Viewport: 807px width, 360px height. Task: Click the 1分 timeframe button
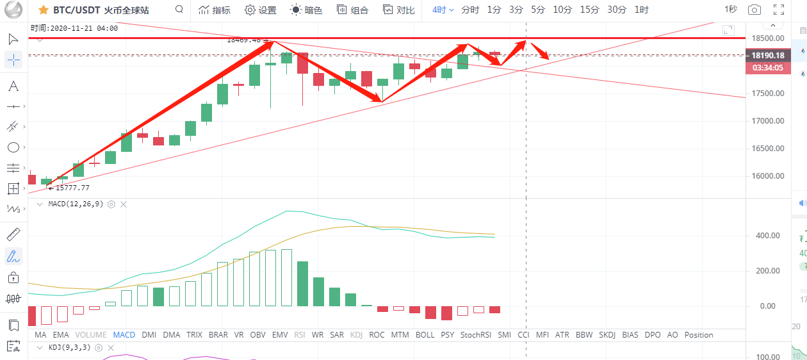(494, 10)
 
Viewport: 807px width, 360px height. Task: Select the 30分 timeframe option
(617, 10)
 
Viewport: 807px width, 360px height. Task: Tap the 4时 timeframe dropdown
(443, 10)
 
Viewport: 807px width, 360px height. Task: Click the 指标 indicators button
(215, 10)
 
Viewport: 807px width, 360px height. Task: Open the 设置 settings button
(261, 10)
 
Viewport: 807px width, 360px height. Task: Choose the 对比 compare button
(398, 10)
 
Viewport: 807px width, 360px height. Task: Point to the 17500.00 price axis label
(767, 93)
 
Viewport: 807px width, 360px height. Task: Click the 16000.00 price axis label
(767, 176)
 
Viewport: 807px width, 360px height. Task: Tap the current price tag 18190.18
(768, 56)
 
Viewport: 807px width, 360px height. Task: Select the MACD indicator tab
(124, 334)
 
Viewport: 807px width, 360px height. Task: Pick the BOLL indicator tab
(425, 334)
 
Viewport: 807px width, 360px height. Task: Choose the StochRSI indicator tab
(475, 334)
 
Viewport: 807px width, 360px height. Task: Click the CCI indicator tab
(523, 334)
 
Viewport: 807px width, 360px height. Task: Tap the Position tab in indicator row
(698, 334)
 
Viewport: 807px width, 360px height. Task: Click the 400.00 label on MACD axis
(769, 236)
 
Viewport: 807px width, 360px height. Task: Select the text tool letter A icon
(13, 86)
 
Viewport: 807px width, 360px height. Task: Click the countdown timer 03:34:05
(768, 67)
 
